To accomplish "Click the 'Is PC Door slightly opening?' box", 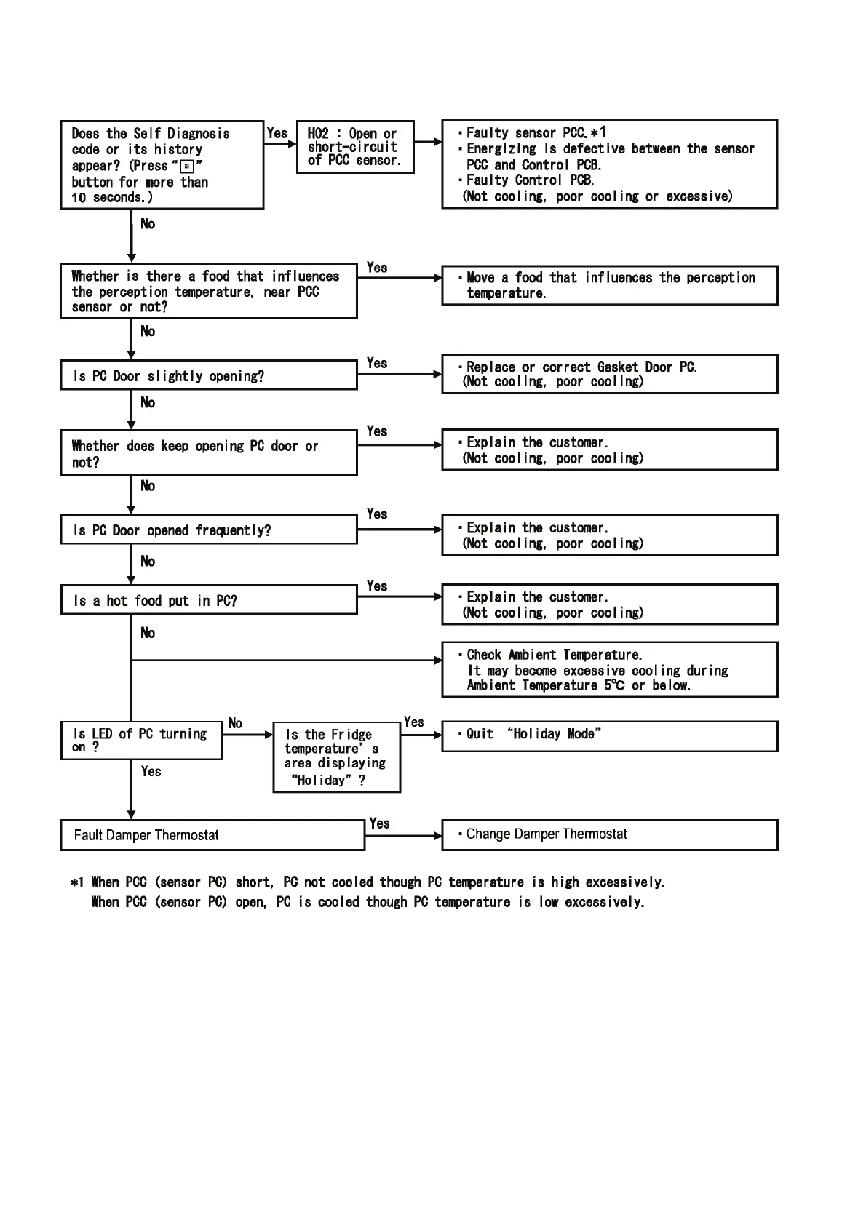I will tap(208, 375).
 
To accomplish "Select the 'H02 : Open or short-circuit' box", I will tap(355, 147).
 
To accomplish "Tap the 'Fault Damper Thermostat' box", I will tap(212, 835).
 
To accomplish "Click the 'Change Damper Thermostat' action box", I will tap(609, 835).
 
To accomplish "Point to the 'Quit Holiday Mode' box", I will tap(609, 735).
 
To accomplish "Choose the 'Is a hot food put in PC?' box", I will tap(208, 600).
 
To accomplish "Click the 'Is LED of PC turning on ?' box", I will tap(141, 741).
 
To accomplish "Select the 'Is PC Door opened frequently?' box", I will tap(208, 530).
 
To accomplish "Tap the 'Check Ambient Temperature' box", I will tap(609, 669).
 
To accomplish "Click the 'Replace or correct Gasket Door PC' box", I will tap(609, 374).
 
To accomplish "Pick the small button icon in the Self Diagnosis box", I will tap(187, 167).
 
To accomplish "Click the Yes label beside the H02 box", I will tap(277, 133).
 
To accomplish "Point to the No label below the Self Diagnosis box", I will tap(148, 224).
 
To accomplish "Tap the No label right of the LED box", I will tap(235, 723).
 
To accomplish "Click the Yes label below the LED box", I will tap(151, 771).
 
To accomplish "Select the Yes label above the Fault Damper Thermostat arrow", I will tap(379, 823).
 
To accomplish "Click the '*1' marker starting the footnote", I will tap(77, 883).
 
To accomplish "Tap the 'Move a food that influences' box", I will tap(609, 285).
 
